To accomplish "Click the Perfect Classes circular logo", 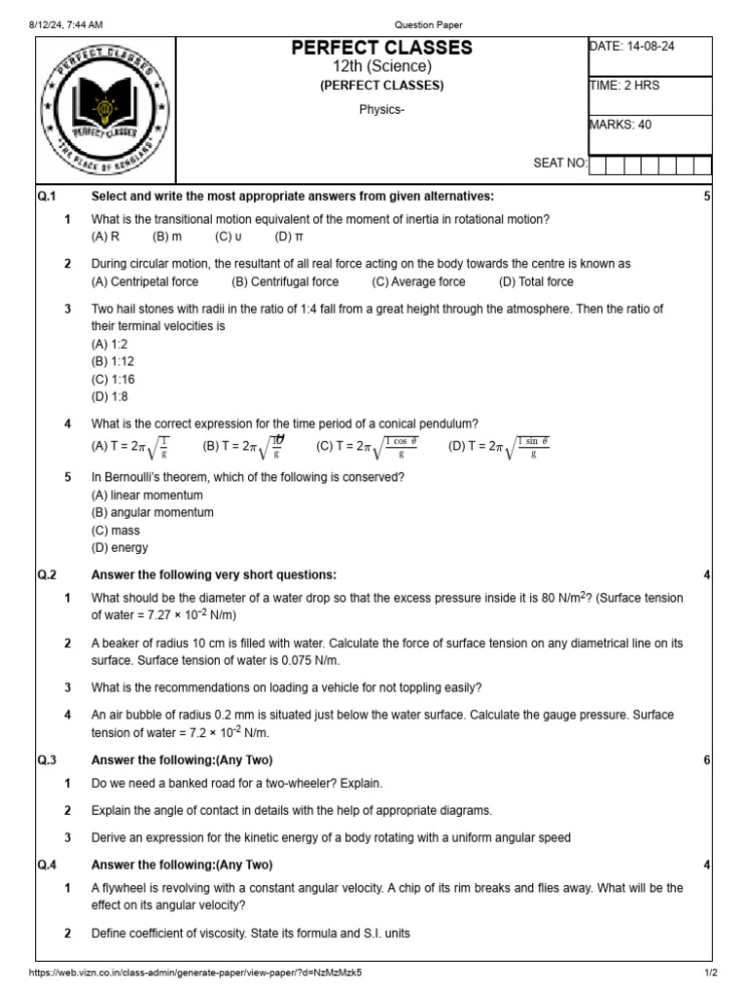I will coord(102,110).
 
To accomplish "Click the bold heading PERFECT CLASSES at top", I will coord(381,48).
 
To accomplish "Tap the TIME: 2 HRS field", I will coord(624,86).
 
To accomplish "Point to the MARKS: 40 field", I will coord(621,125).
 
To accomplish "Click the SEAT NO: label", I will coord(560,164).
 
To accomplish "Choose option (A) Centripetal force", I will coord(145,282).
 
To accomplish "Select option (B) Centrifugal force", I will coord(285,282).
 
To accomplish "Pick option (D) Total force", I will coord(536,282).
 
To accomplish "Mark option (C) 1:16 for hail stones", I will coord(113,380).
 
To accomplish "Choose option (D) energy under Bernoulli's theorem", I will coord(120,548).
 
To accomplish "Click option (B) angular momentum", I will coord(153,512).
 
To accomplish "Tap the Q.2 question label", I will coord(48,574).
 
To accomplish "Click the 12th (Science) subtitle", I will coord(381,66).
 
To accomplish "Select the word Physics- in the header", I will coord(381,109).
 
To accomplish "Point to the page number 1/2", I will coord(710,973).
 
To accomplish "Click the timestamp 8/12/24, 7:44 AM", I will coord(67,24).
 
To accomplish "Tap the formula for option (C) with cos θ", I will coord(369,448).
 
